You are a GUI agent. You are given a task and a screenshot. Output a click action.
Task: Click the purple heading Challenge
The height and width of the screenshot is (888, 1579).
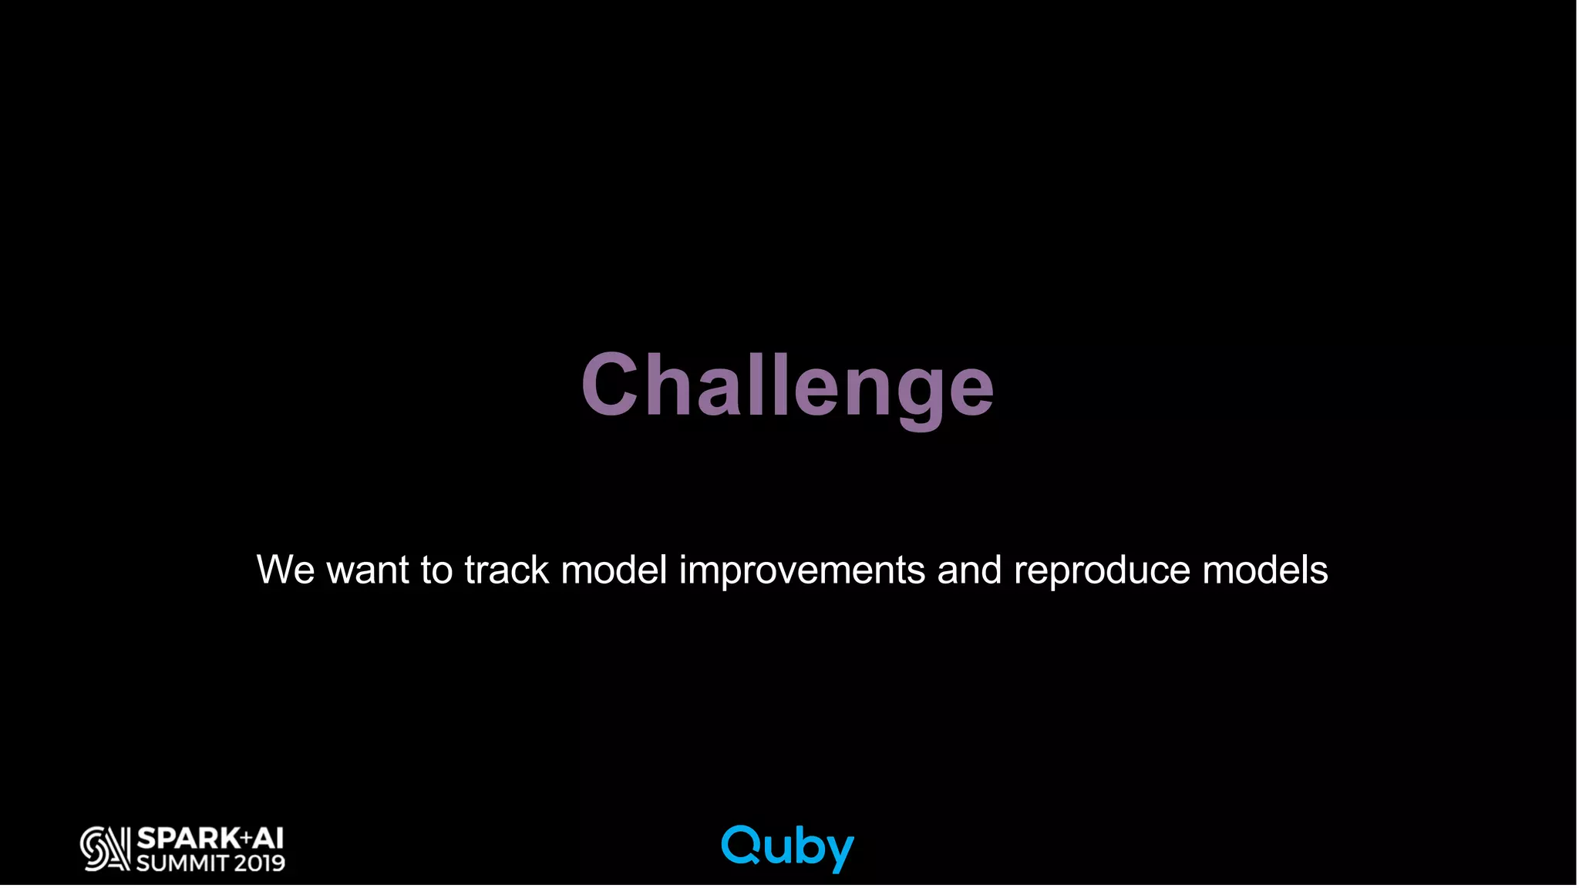point(787,385)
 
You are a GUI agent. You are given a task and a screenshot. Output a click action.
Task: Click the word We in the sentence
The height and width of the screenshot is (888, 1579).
point(285,570)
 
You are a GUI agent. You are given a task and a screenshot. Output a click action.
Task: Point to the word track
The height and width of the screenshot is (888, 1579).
point(507,570)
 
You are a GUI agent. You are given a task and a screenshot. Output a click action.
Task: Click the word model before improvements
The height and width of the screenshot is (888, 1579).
point(614,570)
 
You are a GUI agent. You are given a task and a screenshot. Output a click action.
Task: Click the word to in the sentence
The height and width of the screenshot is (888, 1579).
point(436,570)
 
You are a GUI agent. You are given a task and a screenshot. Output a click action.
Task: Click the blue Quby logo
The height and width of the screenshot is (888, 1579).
point(787,847)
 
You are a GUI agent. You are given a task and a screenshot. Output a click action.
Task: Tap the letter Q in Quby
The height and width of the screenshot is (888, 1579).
point(741,845)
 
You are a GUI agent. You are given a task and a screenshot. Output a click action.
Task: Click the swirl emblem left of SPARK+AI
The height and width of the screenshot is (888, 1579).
point(105,849)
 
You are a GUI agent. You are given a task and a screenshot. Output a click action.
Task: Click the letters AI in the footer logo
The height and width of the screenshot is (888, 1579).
point(268,838)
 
